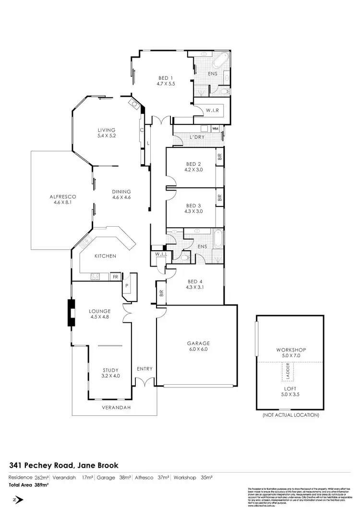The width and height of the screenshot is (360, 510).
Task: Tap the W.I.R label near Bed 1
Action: (x=213, y=110)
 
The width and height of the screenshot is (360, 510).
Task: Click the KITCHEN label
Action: (x=105, y=256)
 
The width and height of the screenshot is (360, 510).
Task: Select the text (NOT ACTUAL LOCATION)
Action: (x=290, y=415)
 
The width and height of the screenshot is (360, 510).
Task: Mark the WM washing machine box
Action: (x=215, y=129)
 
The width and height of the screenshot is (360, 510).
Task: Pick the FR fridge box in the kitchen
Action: (x=115, y=277)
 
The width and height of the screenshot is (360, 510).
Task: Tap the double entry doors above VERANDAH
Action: (x=144, y=382)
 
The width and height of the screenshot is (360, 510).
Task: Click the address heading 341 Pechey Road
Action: (x=63, y=465)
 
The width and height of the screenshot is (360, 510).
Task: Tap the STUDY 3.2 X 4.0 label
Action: (x=110, y=373)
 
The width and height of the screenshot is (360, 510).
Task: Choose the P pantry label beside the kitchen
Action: (x=127, y=284)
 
